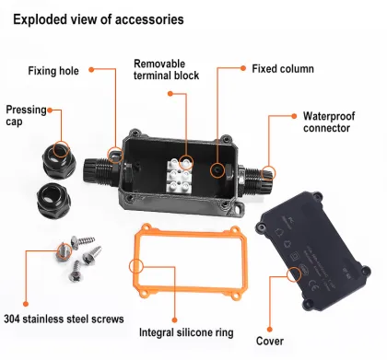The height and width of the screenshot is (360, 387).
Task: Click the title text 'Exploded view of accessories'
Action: [98, 19]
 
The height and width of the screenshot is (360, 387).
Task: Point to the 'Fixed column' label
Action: [283, 69]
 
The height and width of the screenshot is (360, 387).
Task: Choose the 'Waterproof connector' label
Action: [327, 122]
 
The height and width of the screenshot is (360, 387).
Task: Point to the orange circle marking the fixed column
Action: [218, 170]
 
